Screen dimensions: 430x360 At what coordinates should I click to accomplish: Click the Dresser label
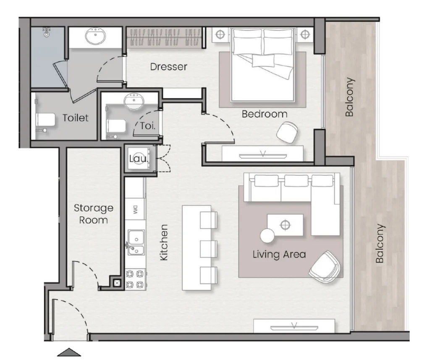click(169, 67)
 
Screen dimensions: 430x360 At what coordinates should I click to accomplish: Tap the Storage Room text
click(94, 214)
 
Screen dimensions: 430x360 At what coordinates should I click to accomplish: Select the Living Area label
click(279, 254)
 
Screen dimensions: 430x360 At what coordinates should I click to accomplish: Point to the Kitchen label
click(164, 243)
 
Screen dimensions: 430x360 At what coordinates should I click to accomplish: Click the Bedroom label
click(265, 114)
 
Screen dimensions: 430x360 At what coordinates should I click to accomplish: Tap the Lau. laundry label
click(139, 158)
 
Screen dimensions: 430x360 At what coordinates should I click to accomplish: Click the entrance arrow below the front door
click(69, 352)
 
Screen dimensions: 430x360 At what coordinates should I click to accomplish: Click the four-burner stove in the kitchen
click(136, 279)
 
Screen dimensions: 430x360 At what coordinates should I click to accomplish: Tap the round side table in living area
click(267, 236)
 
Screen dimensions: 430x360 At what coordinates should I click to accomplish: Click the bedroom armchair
click(287, 133)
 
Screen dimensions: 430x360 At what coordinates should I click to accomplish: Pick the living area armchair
click(325, 266)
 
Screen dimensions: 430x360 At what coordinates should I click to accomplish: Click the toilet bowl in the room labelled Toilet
click(45, 120)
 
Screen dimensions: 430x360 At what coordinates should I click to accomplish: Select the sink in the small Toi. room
click(134, 101)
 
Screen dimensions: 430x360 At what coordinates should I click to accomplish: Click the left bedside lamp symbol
click(220, 34)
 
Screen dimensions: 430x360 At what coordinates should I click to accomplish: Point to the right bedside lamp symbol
click(305, 34)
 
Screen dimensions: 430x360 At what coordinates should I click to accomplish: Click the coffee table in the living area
click(285, 225)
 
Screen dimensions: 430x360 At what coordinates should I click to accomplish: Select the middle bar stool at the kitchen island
click(209, 249)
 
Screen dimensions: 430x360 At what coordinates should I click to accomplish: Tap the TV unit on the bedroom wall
click(263, 154)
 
